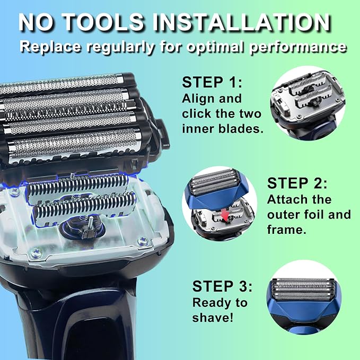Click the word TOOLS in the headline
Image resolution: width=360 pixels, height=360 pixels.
coord(103,22)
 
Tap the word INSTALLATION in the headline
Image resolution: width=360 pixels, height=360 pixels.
coord(242,22)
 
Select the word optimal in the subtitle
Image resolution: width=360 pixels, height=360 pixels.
coord(216,47)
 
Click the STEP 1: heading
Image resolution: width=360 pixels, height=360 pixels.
coord(212,82)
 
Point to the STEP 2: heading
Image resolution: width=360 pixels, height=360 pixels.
coord(297,183)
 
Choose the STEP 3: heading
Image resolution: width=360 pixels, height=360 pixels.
coord(222,286)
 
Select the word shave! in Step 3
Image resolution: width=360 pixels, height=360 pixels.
coord(213,318)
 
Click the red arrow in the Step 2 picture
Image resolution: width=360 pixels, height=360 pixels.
coord(226,215)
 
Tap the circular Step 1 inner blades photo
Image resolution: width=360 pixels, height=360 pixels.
coord(308,103)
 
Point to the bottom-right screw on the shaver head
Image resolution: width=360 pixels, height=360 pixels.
coord(142,242)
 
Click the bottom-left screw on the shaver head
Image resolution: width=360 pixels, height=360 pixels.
coord(36,253)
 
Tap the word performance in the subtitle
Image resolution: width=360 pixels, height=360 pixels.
coord(298,47)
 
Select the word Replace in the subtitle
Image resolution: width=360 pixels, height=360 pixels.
coord(50,47)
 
